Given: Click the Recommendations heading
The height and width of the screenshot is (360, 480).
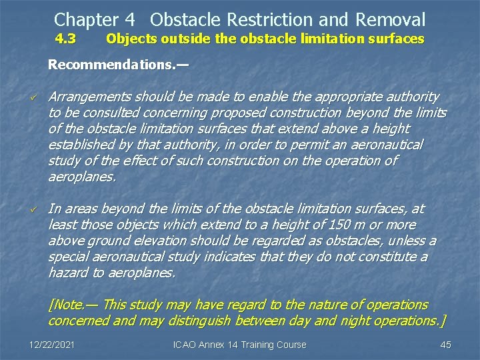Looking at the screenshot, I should pos(118,65).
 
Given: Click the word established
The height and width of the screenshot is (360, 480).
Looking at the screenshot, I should pos(81,145).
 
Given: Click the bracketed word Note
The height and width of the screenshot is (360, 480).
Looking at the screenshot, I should pos(68,305).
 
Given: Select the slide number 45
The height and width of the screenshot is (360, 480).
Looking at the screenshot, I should pos(446,345).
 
